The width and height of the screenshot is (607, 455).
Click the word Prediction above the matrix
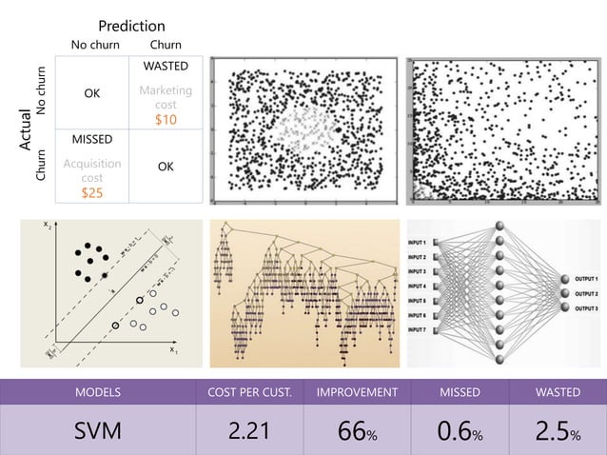(x=131, y=26)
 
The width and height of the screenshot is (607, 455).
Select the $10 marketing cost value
(x=166, y=120)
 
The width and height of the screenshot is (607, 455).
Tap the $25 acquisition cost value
(x=92, y=192)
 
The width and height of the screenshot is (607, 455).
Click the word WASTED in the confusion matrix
(x=166, y=66)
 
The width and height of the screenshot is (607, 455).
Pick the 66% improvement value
(x=350, y=431)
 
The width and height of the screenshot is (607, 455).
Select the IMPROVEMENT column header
(x=350, y=391)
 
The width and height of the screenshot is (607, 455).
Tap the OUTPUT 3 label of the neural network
(x=580, y=309)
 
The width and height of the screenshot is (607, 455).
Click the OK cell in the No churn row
(x=92, y=94)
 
